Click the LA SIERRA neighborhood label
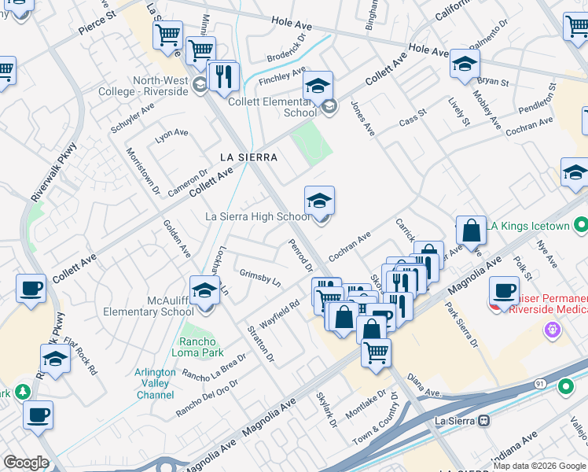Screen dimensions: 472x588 [248, 157]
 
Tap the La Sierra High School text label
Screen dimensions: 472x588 [257, 216]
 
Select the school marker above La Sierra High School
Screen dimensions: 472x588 [320, 201]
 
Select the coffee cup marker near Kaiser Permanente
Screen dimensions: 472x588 [504, 290]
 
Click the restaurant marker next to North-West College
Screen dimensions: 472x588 [225, 76]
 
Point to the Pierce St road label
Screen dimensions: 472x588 [97, 23]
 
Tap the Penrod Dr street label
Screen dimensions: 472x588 [300, 256]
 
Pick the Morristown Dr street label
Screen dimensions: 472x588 [143, 172]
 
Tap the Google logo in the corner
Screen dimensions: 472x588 [25, 463]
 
